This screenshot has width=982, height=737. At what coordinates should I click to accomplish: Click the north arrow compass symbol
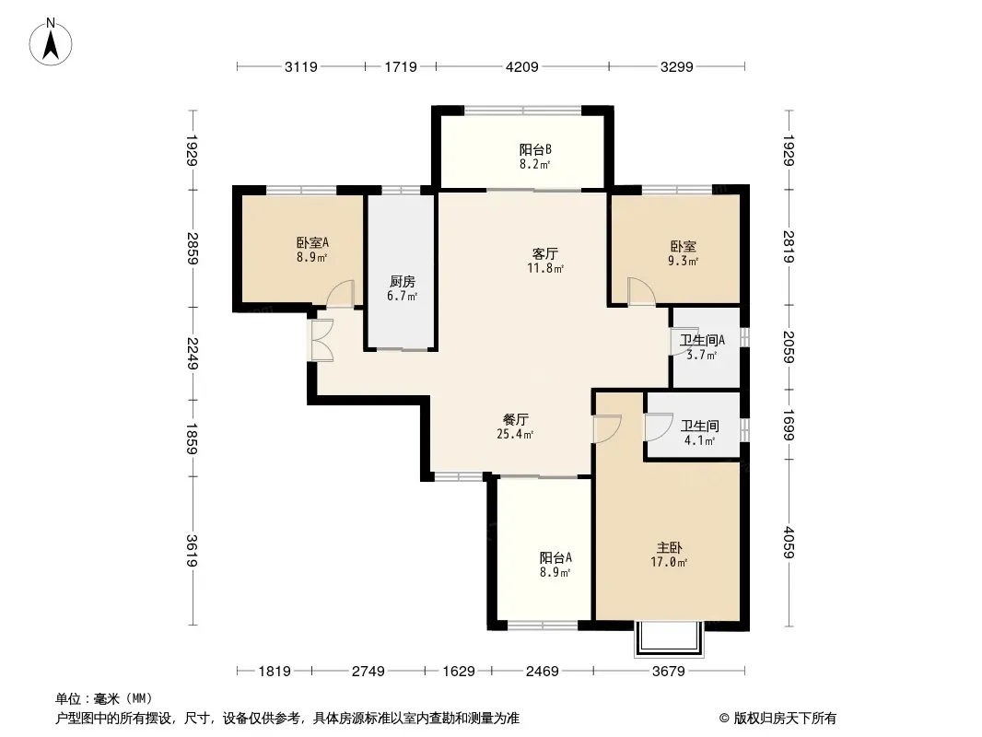51,42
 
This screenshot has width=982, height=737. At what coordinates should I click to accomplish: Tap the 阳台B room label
535,149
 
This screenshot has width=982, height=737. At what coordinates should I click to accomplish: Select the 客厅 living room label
544,253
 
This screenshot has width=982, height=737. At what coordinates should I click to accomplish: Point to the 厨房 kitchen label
402,282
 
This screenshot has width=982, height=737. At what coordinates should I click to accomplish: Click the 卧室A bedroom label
312,242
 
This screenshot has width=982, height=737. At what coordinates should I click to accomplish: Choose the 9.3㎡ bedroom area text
683,261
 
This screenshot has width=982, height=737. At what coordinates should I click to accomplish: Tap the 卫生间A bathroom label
702,341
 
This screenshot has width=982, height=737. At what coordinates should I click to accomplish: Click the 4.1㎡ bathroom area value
699,440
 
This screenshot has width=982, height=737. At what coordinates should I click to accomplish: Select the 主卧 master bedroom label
669,548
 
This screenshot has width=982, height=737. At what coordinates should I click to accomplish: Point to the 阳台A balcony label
555,557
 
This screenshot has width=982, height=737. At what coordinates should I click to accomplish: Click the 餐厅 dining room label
516,419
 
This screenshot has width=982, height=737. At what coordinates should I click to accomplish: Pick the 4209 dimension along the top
521,66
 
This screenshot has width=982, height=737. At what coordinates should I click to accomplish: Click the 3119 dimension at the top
300,66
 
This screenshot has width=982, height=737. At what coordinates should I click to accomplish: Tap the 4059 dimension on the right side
789,543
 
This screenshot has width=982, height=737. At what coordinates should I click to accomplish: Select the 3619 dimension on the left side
193,550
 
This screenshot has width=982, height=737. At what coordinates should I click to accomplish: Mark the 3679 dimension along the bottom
668,672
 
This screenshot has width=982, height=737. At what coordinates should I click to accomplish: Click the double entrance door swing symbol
321,340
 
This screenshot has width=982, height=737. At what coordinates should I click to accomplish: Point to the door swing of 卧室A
341,294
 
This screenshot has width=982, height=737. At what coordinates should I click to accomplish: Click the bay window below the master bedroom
669,638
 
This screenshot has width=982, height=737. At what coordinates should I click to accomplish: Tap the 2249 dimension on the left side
193,353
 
